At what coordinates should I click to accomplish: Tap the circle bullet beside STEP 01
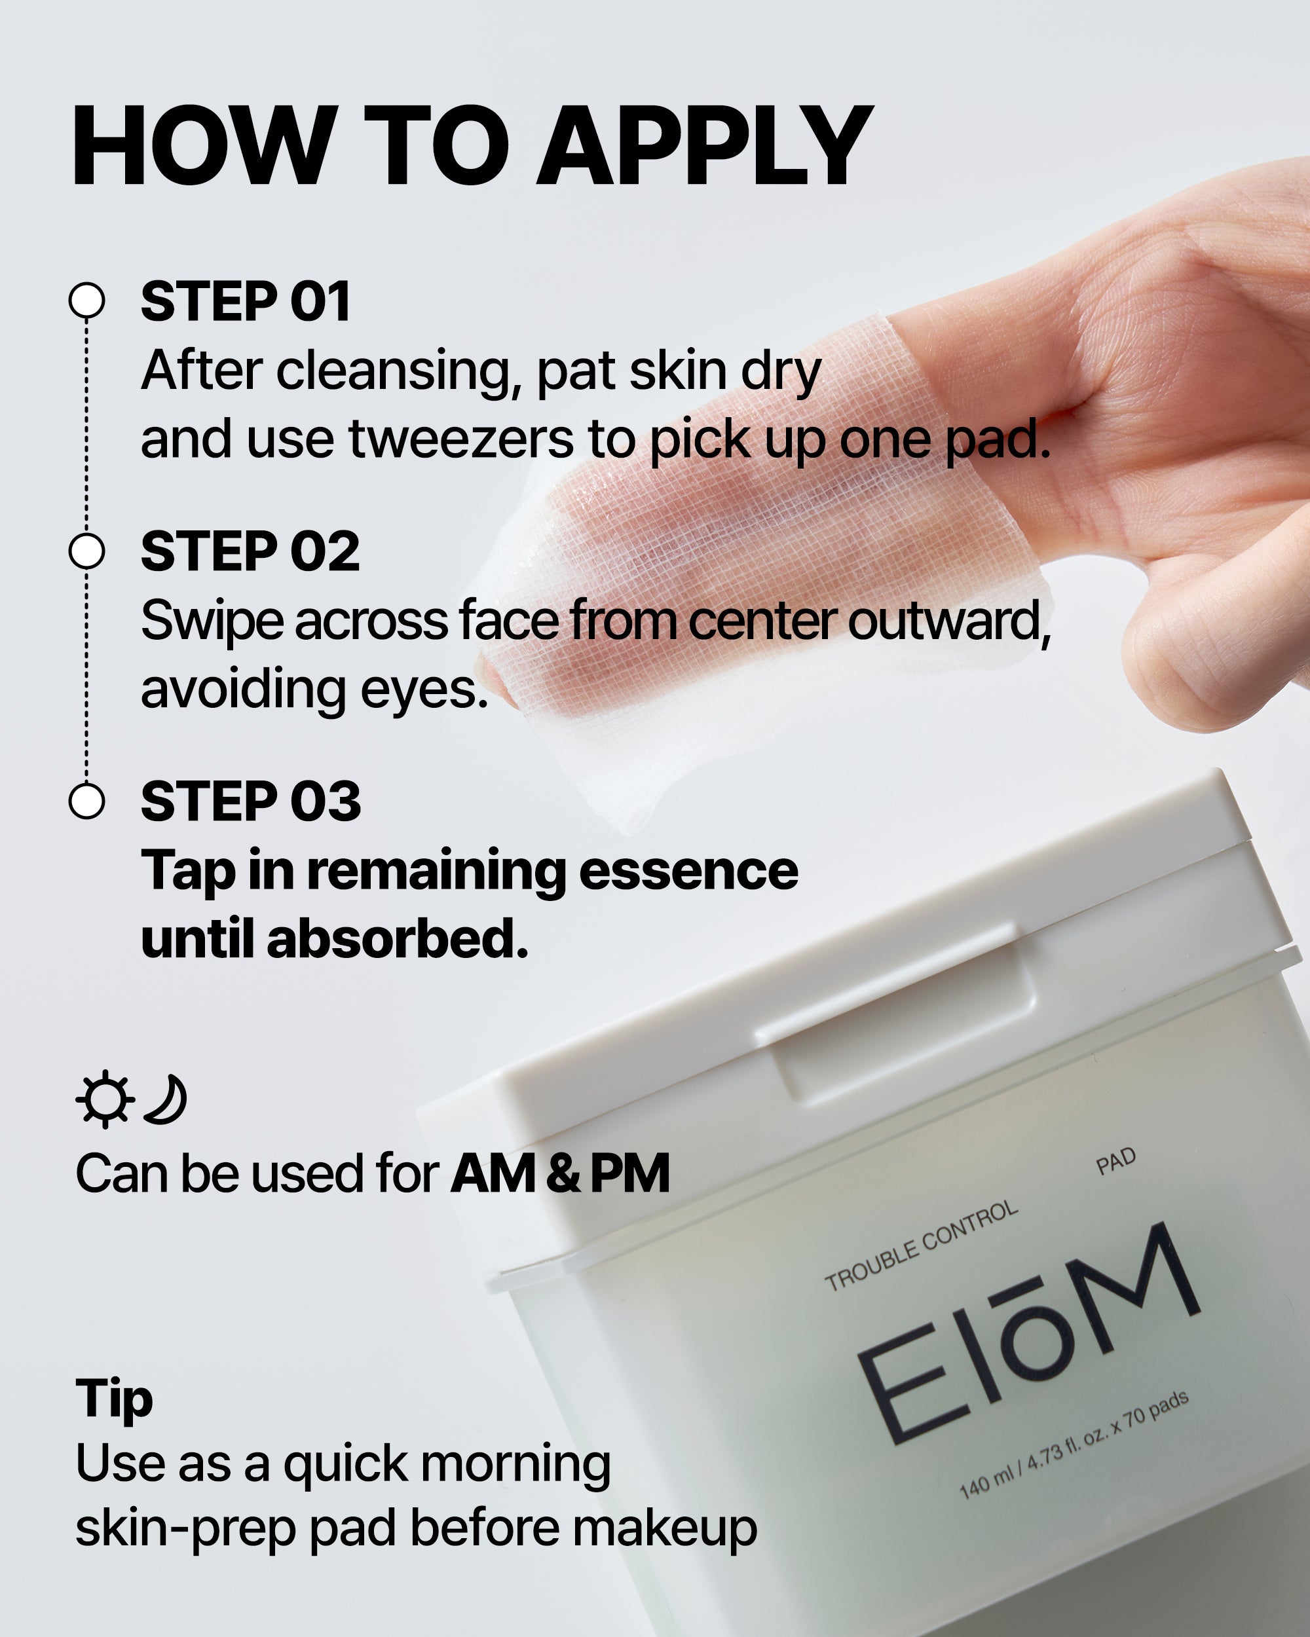(86, 301)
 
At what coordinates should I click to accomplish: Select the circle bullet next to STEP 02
(86, 551)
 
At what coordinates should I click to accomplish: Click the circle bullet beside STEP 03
(86, 801)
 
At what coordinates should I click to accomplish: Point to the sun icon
(105, 1099)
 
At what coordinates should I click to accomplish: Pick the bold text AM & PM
(561, 1173)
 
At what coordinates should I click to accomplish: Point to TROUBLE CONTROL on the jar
(920, 1245)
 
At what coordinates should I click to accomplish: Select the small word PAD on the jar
(1115, 1161)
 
